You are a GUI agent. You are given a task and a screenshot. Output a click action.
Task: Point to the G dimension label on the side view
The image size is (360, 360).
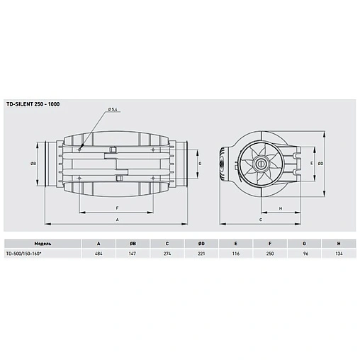[x=201, y=163]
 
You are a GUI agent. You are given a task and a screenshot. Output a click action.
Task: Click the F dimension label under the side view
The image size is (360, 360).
[x=116, y=208]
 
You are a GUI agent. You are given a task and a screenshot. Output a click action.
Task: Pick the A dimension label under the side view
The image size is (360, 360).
[x=116, y=220]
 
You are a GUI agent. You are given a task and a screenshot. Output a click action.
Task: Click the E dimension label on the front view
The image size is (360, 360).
[x=313, y=162]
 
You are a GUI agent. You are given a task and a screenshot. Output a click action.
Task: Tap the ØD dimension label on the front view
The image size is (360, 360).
[x=322, y=162]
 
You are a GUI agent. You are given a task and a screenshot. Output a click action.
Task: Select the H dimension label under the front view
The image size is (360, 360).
[x=281, y=208]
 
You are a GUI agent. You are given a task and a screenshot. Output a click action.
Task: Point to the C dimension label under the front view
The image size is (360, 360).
[x=261, y=220]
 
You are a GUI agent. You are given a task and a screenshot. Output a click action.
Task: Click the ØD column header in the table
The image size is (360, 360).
[x=201, y=242]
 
